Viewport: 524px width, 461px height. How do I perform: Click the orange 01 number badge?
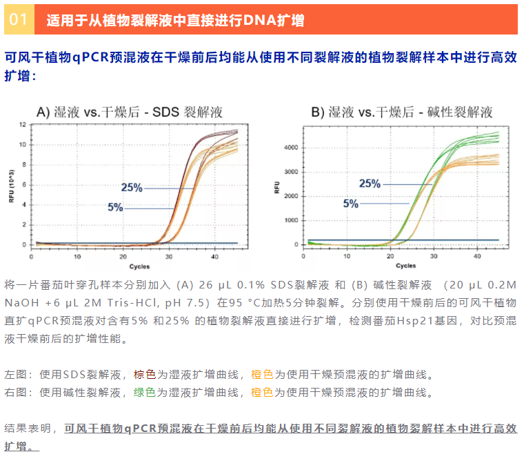(x=19, y=19)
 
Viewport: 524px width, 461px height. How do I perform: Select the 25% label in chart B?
(x=370, y=184)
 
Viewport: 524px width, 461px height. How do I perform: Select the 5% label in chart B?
(x=351, y=204)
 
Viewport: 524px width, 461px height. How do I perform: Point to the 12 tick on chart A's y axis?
(x=23, y=125)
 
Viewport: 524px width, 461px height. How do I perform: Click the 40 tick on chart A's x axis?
(x=215, y=256)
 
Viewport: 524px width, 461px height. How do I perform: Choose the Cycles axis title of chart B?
(x=405, y=266)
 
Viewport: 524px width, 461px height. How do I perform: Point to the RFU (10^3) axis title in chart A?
(x=10, y=184)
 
